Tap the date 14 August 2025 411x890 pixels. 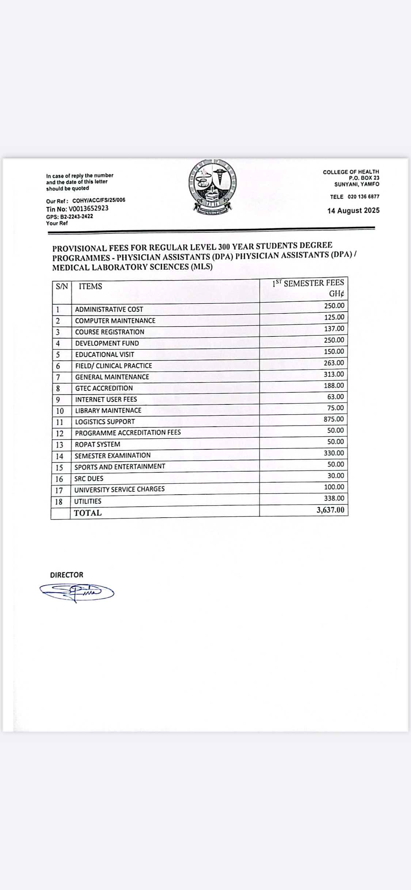click(353, 210)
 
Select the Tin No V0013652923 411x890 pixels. click(88, 209)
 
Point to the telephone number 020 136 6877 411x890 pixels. click(363, 197)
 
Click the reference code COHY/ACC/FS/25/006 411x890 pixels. click(99, 200)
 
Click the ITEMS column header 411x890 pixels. click(90, 286)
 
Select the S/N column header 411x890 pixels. click(62, 286)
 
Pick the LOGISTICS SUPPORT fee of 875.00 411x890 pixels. click(334, 419)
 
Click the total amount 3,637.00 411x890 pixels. click(330, 510)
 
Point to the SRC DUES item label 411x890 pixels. click(89, 479)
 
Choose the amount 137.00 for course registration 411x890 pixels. click(334, 328)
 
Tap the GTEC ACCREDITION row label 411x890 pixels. click(104, 388)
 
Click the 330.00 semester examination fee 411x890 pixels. click(334, 453)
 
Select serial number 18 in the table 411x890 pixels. click(59, 502)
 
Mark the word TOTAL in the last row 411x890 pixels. click(88, 513)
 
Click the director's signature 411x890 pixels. click(76, 593)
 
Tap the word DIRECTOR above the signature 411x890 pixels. click(66, 575)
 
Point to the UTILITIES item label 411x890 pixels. click(88, 501)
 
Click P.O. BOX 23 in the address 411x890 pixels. click(364, 178)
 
